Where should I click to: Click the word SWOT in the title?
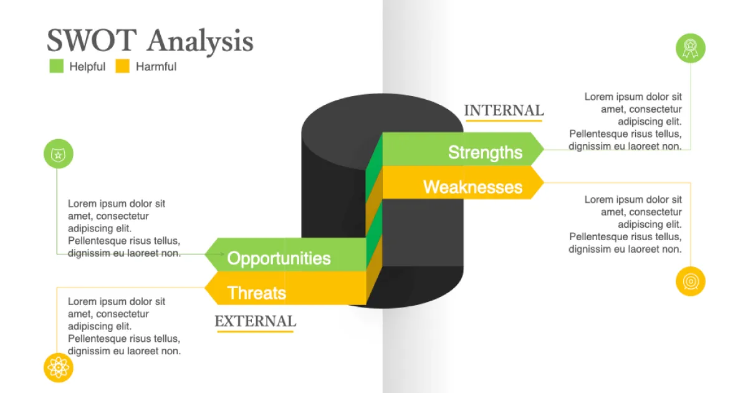[91, 41]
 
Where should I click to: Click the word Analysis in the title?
[200, 42]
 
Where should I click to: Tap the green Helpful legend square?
[57, 66]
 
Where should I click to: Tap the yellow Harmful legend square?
[123, 66]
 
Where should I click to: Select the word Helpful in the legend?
[87, 67]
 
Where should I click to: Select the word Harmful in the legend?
[156, 67]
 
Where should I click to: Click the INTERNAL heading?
[504, 110]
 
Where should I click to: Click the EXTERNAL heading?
[255, 321]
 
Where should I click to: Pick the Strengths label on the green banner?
[485, 152]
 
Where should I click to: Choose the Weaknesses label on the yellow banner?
[472, 187]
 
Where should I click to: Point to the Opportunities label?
[279, 258]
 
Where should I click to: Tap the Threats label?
[256, 293]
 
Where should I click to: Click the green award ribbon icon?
[690, 48]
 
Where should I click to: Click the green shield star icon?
[58, 154]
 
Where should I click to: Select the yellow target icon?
[690, 281]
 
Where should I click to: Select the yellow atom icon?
[58, 367]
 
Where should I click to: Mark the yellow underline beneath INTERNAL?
[504, 120]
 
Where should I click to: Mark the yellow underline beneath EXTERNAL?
[255, 331]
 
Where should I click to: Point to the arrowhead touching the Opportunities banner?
[221, 255]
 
